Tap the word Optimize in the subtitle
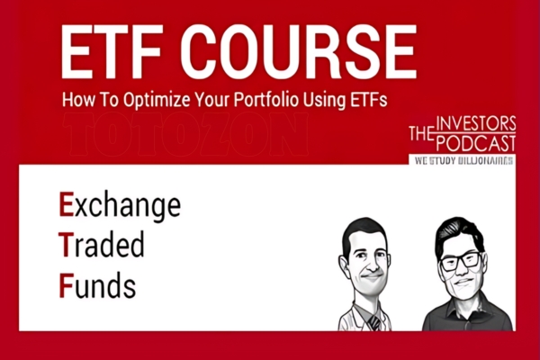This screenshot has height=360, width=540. tap(164, 101)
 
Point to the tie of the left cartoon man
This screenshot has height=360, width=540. tap(371, 317)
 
